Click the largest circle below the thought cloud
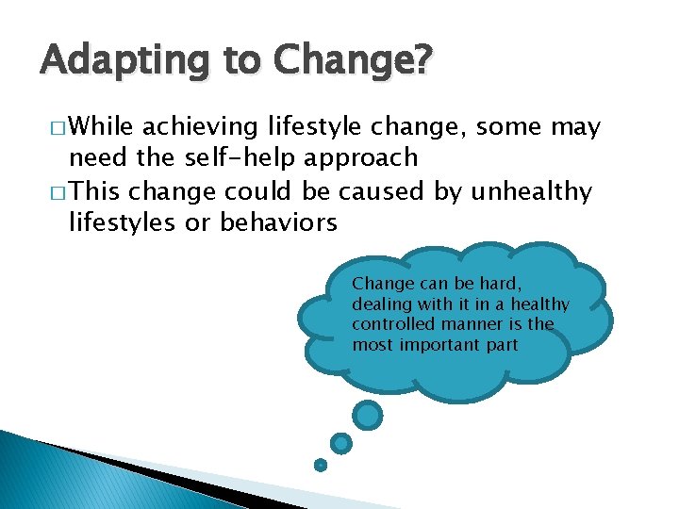[368, 415]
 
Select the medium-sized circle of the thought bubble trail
[341, 443]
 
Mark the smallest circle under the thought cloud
[321, 464]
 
